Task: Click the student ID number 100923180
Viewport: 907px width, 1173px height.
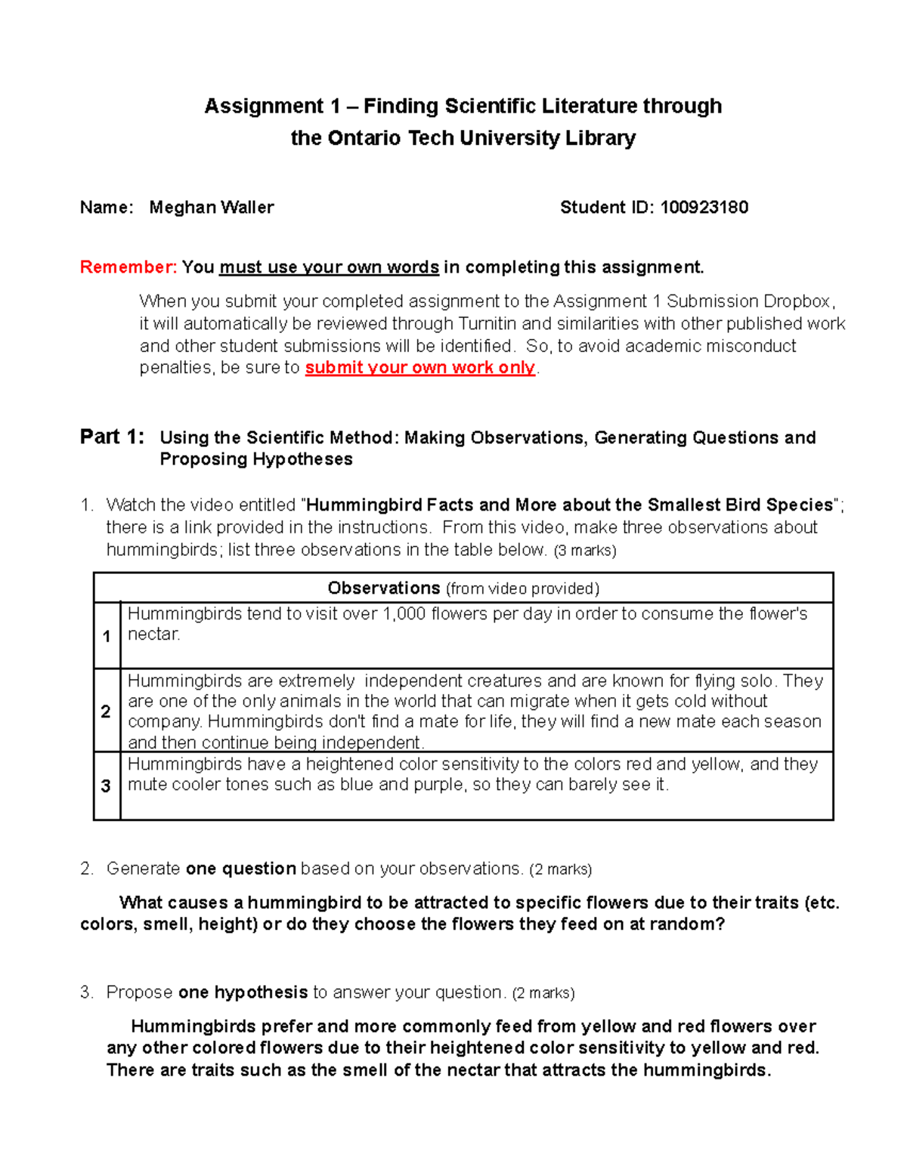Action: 704,208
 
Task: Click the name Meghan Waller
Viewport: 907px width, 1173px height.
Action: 212,208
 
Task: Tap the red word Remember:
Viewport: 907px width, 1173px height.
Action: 128,267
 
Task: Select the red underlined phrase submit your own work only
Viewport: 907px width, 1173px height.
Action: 419,368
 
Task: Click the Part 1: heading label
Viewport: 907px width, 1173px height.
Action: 112,437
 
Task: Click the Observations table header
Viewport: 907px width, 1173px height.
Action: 463,588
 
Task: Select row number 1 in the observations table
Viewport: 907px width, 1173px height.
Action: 107,637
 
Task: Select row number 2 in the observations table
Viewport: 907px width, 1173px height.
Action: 107,711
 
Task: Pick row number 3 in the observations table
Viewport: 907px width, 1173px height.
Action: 107,786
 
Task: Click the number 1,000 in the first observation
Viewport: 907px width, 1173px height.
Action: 404,614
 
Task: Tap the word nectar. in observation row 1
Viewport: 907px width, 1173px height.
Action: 154,634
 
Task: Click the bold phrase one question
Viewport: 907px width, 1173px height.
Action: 240,869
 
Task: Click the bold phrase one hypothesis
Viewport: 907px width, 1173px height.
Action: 243,992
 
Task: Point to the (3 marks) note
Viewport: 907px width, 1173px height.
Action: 585,551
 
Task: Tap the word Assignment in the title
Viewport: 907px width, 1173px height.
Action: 264,106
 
